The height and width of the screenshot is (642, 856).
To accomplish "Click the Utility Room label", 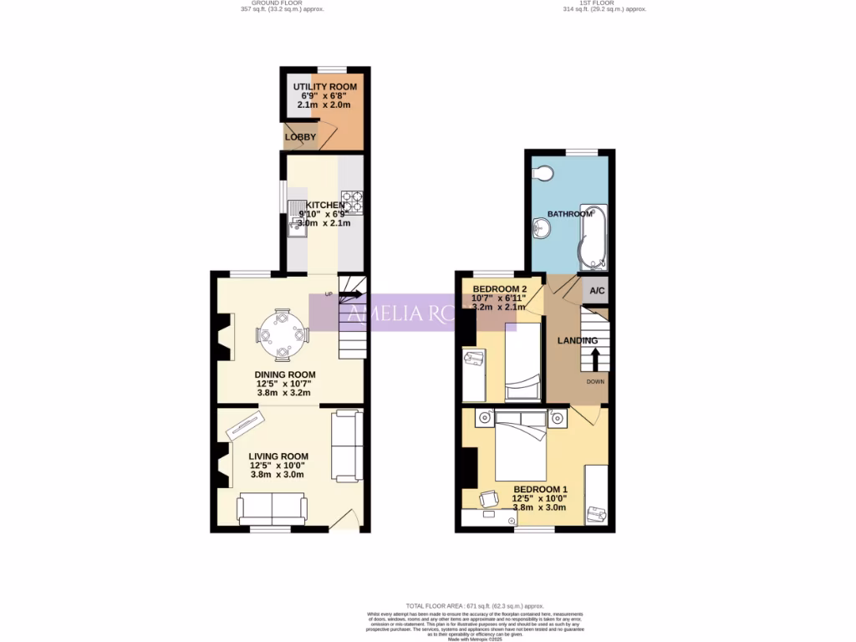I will coord(324,87).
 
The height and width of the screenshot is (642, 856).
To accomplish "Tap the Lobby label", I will coord(299,137).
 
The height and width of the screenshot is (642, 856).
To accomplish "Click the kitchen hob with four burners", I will coord(351,201).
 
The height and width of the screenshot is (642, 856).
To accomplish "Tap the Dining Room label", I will coord(285,374).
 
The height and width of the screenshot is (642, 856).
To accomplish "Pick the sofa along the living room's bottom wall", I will coord(272,507).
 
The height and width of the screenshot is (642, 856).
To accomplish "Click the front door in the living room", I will coord(344,520).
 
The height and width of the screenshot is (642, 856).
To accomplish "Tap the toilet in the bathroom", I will coord(543,174).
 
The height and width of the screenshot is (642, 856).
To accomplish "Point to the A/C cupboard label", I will coord(597,291).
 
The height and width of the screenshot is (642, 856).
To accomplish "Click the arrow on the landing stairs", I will coord(595,359).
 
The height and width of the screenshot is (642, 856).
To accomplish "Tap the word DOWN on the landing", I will coord(595,382).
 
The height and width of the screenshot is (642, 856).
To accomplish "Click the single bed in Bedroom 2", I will coord(522,364).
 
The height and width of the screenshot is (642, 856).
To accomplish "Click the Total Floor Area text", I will coord(475,606).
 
